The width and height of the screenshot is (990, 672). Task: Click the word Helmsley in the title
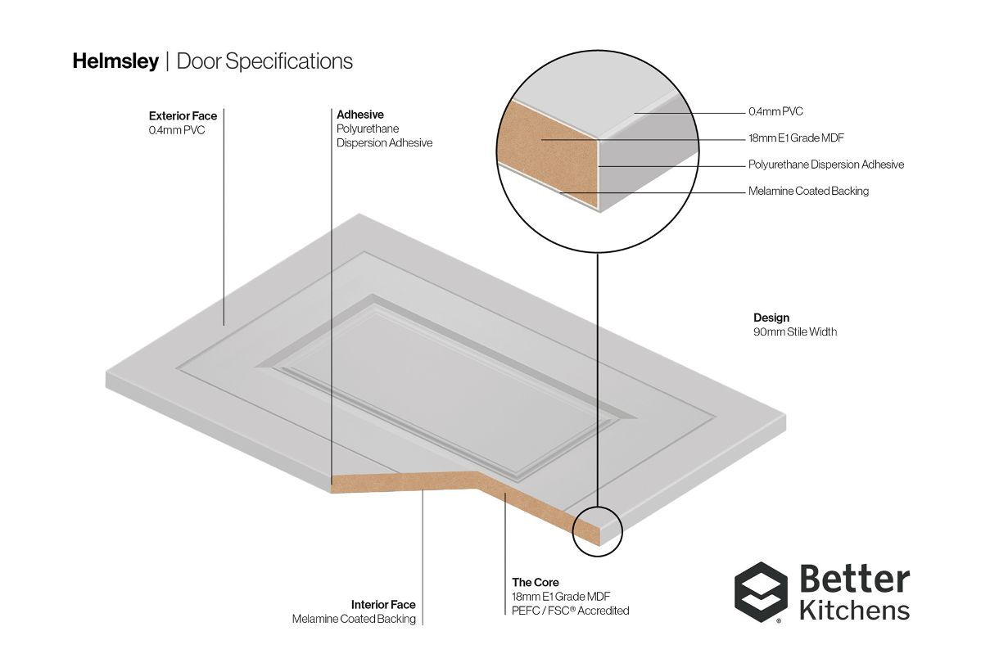tap(115, 61)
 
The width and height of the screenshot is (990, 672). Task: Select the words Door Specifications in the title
tap(264, 61)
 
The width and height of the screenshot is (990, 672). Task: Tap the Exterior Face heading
tap(183, 115)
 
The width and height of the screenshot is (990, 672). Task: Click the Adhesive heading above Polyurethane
tap(360, 115)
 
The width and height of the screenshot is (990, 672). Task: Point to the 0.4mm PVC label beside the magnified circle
tap(775, 111)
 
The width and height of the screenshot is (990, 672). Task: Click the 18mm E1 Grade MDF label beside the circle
tap(796, 138)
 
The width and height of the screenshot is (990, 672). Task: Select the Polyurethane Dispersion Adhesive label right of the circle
tap(826, 165)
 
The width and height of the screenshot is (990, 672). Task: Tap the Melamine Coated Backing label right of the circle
tap(808, 191)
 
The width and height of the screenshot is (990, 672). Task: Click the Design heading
tap(771, 318)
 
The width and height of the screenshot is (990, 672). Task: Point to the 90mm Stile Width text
tap(795, 331)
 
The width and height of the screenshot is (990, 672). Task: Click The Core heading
tap(536, 582)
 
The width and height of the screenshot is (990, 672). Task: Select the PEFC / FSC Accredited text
tap(571, 611)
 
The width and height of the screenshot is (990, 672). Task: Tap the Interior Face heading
tap(383, 604)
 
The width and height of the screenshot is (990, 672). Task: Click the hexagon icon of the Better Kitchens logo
tap(761, 592)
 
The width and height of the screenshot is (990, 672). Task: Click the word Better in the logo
tap(855, 579)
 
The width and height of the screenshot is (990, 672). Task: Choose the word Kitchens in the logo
tap(855, 610)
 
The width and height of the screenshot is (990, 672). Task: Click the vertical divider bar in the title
tap(168, 61)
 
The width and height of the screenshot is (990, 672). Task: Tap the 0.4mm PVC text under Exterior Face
tap(177, 130)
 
